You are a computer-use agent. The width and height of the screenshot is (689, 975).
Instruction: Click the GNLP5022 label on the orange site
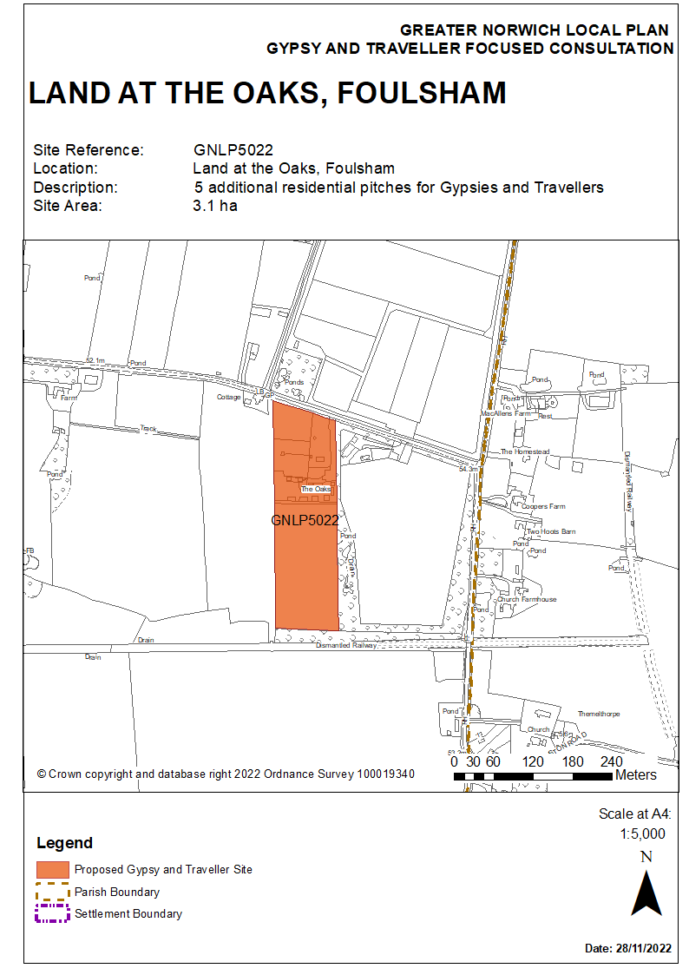pyautogui.click(x=305, y=521)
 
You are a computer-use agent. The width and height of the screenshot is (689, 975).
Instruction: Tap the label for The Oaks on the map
pyautogui.click(x=317, y=490)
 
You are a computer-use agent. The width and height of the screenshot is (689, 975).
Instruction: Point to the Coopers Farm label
pyautogui.click(x=544, y=506)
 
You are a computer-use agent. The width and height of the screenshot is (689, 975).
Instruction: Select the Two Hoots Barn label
pyautogui.click(x=551, y=531)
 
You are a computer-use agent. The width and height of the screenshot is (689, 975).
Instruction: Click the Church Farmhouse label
pyautogui.click(x=527, y=600)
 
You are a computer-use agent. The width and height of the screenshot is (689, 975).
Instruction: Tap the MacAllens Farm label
pyautogui.click(x=505, y=414)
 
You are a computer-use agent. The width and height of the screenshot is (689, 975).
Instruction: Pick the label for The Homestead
pyautogui.click(x=525, y=452)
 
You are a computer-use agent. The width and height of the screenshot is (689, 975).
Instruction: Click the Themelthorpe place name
pyautogui.click(x=599, y=714)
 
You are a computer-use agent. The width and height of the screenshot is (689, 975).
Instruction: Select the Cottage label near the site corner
pyautogui.click(x=228, y=397)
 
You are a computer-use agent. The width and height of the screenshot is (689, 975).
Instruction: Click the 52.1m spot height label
pyautogui.click(x=95, y=360)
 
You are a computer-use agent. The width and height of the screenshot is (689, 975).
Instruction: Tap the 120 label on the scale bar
pyautogui.click(x=535, y=761)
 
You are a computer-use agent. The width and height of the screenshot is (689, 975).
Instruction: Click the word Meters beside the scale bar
pyautogui.click(x=635, y=774)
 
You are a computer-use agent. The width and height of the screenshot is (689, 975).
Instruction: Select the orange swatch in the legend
pyautogui.click(x=52, y=869)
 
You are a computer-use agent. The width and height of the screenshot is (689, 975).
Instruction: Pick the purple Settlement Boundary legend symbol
pyautogui.click(x=52, y=913)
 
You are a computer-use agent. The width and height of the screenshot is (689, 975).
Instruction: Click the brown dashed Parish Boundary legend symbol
pyautogui.click(x=52, y=892)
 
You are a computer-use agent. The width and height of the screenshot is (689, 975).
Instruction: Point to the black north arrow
pyautogui.click(x=646, y=893)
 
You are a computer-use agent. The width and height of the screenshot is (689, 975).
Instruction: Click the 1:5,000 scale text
pyautogui.click(x=642, y=833)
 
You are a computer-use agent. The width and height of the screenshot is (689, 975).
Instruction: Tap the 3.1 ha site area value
pyautogui.click(x=214, y=206)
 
